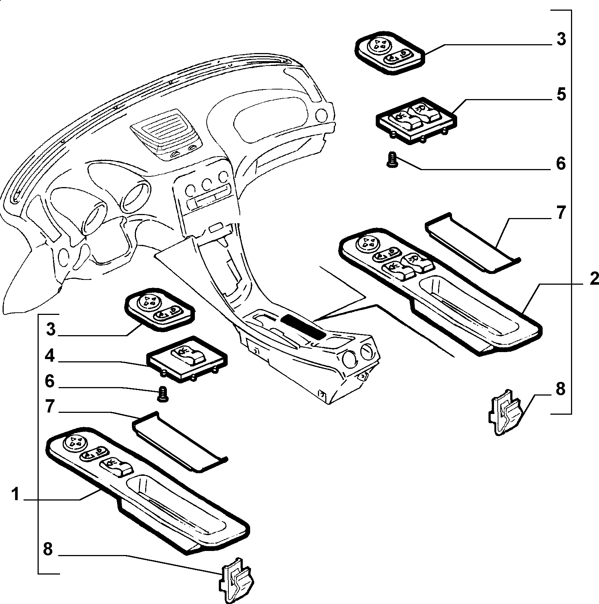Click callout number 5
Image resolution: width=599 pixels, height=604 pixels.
tap(560, 95)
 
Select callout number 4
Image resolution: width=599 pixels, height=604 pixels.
tap(50, 357)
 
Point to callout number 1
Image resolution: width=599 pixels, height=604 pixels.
tap(15, 495)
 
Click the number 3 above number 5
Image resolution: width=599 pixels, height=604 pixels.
tap(560, 39)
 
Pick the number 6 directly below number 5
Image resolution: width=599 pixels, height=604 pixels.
tap(560, 163)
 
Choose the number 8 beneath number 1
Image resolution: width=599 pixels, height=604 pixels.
tap(48, 549)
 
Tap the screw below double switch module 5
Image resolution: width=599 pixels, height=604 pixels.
tap(392, 161)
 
